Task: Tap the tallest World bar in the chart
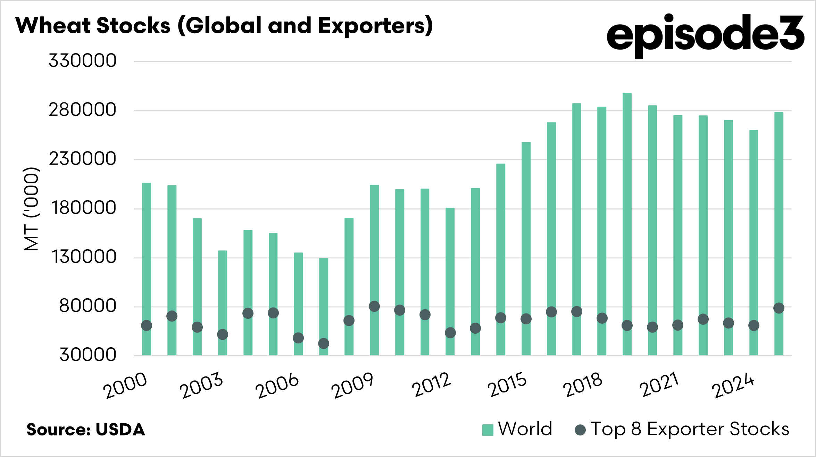627,208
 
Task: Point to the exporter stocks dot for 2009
374,306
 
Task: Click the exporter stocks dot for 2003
223,334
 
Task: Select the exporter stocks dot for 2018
602,318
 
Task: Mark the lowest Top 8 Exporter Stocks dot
324,343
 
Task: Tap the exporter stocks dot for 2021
678,325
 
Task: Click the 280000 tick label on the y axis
83,110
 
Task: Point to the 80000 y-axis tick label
88,306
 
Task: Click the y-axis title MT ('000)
31,208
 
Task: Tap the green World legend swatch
488,430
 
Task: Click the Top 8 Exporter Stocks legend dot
580,430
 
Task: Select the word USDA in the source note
120,430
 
